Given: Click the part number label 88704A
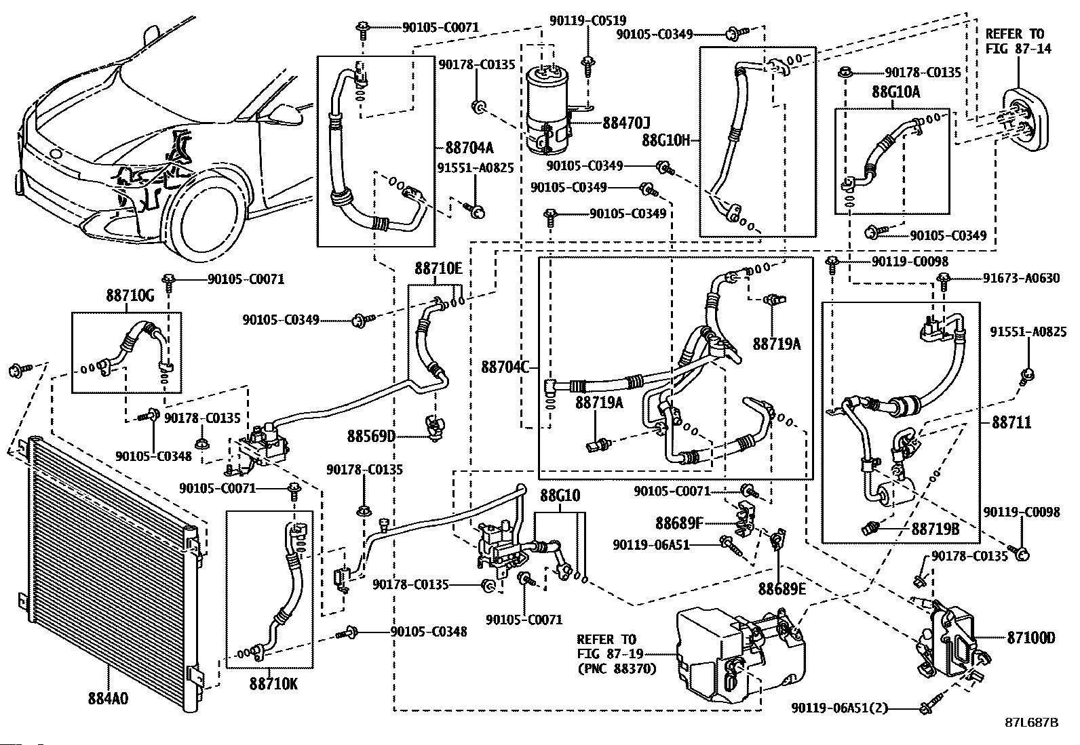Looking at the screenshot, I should [x=469, y=148].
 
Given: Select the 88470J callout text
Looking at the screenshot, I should [x=626, y=123].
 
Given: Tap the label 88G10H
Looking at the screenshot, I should [x=666, y=140].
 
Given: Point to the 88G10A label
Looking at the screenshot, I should [x=895, y=93].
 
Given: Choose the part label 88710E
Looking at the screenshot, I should [x=438, y=268].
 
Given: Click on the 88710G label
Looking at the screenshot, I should [x=130, y=296].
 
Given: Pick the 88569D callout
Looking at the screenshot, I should [x=372, y=435].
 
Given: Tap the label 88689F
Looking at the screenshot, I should [x=679, y=523].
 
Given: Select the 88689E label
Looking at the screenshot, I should [x=782, y=588].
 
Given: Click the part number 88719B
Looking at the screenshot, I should [x=936, y=529].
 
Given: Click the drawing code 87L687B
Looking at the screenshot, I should [x=1031, y=723].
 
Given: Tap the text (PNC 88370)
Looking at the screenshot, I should [x=617, y=669].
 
